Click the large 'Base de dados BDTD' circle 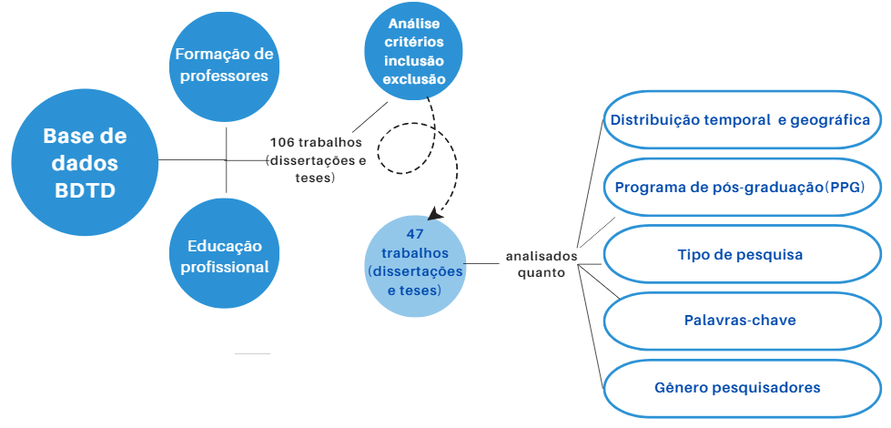pos(85,163)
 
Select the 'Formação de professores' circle pos(225,66)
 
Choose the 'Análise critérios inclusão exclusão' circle pos(413,52)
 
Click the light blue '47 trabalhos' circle pos(415,265)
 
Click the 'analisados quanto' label pos(542,264)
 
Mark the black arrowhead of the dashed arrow pos(435,213)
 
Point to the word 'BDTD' pos(85,191)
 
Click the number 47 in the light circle pos(415,234)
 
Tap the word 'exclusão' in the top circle pos(414,79)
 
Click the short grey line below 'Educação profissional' pos(252,353)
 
